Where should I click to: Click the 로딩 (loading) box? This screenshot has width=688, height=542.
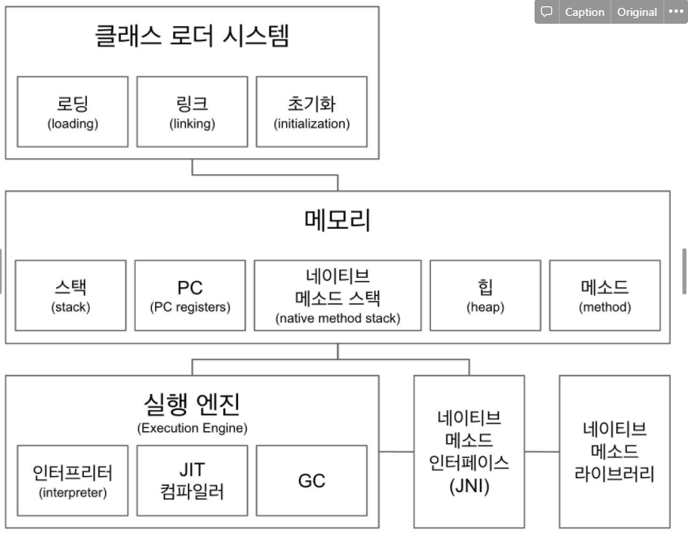pos(73,111)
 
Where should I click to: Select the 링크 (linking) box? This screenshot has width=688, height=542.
pos(192,111)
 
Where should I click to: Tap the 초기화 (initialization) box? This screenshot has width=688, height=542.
pos(312,111)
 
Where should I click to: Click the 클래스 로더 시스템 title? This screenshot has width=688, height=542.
pos(192,36)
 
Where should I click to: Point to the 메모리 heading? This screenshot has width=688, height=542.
pos(338,220)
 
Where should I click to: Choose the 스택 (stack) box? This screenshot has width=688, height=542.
pos(71,294)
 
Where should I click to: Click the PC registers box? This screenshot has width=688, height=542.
pos(190,294)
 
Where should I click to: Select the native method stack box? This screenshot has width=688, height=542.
pos(338,295)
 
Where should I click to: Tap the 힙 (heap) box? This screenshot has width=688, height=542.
pos(486,294)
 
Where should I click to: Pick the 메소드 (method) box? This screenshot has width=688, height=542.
pos(605,294)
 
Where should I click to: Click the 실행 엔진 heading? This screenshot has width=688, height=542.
pos(192,404)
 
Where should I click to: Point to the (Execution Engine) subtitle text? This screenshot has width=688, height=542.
pos(192,428)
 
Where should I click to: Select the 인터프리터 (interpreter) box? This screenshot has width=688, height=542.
pos(73,481)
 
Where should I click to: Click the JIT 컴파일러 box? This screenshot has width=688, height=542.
pos(192,481)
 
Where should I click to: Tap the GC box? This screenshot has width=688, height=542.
pos(312,481)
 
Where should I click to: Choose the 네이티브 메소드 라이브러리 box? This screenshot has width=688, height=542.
pos(614,452)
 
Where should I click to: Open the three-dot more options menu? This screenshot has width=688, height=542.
pos(675,12)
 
